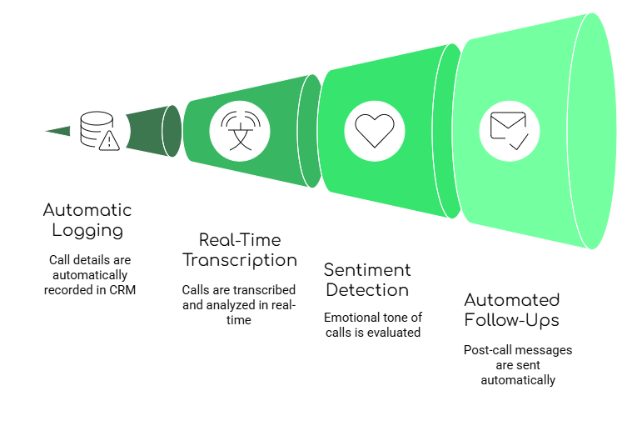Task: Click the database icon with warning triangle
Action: [99, 130]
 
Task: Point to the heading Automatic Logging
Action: [87, 220]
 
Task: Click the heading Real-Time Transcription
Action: [239, 250]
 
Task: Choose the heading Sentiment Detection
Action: [366, 280]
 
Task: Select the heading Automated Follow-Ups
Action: [511, 310]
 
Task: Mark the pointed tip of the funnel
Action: [47, 130]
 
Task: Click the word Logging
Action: [87, 231]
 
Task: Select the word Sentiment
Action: [366, 270]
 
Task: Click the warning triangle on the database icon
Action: [109, 141]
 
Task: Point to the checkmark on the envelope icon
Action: [519, 143]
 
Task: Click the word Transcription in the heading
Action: [239, 260]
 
